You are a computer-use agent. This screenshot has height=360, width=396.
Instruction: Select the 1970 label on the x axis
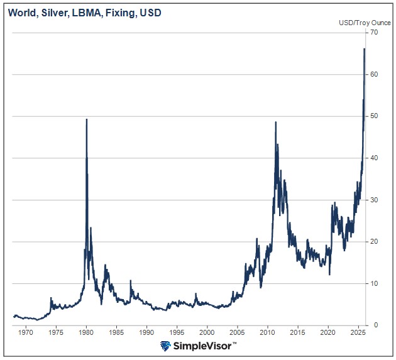(x=25, y=332)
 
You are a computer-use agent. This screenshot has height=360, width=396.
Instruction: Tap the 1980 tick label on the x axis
(x=86, y=332)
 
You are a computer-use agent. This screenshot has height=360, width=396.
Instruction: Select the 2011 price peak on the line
(x=276, y=123)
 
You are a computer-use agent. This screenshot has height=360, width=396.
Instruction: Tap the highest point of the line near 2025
(x=365, y=49)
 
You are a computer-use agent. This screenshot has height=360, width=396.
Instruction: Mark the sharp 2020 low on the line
(x=329, y=274)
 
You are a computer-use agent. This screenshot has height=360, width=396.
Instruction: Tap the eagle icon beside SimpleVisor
(x=166, y=346)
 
